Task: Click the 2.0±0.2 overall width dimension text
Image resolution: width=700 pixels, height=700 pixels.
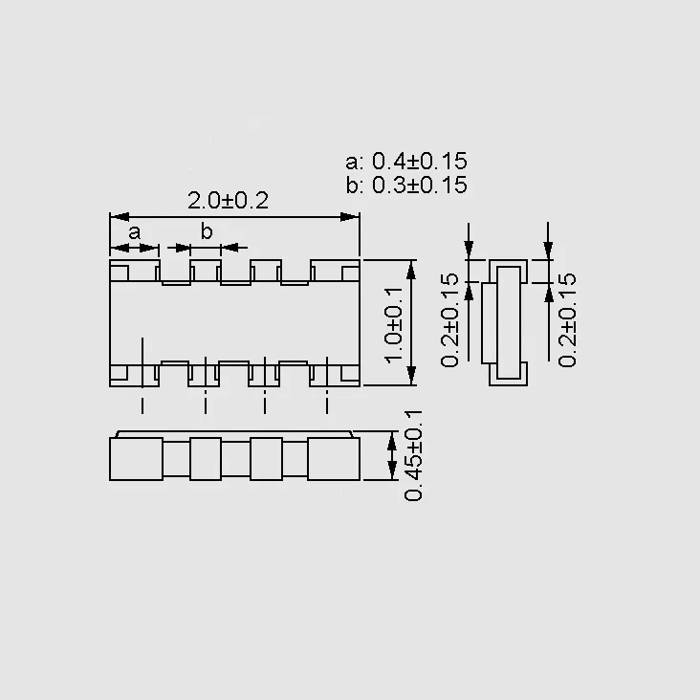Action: [x=228, y=201]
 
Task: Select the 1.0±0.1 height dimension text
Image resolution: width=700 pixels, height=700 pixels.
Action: [x=394, y=324]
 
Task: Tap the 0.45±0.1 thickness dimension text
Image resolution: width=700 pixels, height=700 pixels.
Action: [x=413, y=455]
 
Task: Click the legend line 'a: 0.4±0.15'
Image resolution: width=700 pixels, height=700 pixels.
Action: [x=406, y=162]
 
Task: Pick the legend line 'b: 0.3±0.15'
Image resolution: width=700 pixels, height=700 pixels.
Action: [x=406, y=185]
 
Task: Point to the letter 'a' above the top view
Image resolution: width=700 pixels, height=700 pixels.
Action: [x=135, y=232]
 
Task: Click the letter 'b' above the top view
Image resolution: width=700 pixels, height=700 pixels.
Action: [x=207, y=230]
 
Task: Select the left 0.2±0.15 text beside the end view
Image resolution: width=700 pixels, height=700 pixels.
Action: [x=449, y=319]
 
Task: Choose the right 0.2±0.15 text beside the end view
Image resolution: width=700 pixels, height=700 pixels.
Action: [x=567, y=319]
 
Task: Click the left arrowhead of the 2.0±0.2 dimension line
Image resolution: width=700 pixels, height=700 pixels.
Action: [x=120, y=217]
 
